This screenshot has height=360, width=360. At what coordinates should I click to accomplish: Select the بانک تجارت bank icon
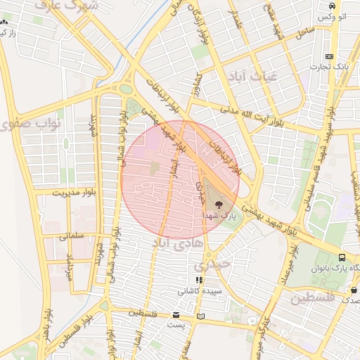(x=328, y=56)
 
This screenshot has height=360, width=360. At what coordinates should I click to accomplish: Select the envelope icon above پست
(x=176, y=315)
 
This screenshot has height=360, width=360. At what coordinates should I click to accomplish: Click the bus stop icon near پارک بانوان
(x=342, y=257)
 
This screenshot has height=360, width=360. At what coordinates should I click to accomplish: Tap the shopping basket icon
(x=354, y=289)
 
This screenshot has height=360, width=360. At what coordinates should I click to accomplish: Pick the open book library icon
(x=202, y=316)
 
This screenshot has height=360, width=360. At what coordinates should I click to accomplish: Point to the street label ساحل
(x=304, y=32)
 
